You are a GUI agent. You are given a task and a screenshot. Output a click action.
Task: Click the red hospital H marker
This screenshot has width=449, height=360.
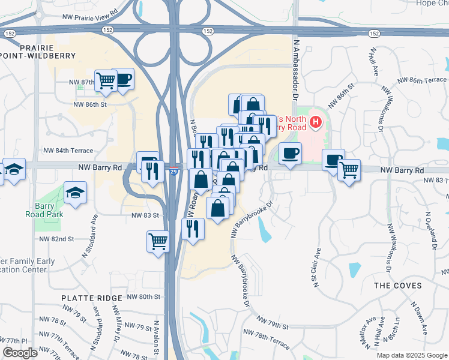tap(316, 123)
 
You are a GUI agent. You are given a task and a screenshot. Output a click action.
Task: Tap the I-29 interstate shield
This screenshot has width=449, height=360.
tap(173, 172)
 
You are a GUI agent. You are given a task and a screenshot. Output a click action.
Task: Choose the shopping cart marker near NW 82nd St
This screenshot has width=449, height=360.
tap(158, 241)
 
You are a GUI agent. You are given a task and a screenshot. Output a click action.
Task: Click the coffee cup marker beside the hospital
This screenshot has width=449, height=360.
tap(290, 154)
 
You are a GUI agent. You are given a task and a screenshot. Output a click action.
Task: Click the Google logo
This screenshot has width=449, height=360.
tap(19, 353)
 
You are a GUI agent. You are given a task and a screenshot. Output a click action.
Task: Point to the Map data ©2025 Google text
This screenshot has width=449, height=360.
tap(411, 355)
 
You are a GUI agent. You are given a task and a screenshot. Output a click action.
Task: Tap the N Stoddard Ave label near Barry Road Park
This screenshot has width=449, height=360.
tap(94, 230)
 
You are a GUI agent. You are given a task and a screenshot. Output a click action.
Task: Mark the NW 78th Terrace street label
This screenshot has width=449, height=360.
tap(265, 340)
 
